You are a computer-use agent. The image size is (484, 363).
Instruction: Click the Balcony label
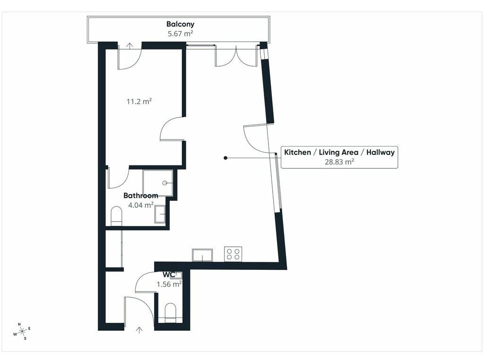(x=180, y=24)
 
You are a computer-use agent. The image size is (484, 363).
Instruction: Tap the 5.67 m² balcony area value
(x=180, y=34)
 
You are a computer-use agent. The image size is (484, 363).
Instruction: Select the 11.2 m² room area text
(x=139, y=101)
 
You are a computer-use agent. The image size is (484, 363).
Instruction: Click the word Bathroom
(x=141, y=195)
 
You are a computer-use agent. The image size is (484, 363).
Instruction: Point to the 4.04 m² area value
(x=141, y=205)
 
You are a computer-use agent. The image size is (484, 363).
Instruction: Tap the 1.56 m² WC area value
(x=169, y=284)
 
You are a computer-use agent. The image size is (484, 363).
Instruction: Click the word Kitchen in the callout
(x=298, y=152)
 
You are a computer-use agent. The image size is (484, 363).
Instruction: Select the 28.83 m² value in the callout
(x=339, y=162)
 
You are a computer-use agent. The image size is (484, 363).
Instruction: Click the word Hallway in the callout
(x=380, y=152)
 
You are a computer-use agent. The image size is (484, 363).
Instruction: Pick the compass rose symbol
(x=22, y=331)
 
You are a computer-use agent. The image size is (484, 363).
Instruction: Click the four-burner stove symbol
(x=233, y=254)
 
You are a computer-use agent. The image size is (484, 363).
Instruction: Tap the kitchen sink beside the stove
(x=202, y=255)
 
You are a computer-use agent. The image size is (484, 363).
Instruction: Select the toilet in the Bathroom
(x=116, y=216)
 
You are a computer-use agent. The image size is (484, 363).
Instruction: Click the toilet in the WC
(x=170, y=313)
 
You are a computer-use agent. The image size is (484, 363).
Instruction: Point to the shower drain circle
(x=165, y=183)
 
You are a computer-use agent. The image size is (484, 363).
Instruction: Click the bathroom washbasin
(x=160, y=214)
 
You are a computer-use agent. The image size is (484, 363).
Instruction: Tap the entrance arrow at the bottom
(x=139, y=330)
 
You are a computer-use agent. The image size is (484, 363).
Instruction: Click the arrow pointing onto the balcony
(x=130, y=46)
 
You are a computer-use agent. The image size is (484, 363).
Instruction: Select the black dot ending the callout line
(x=225, y=158)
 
